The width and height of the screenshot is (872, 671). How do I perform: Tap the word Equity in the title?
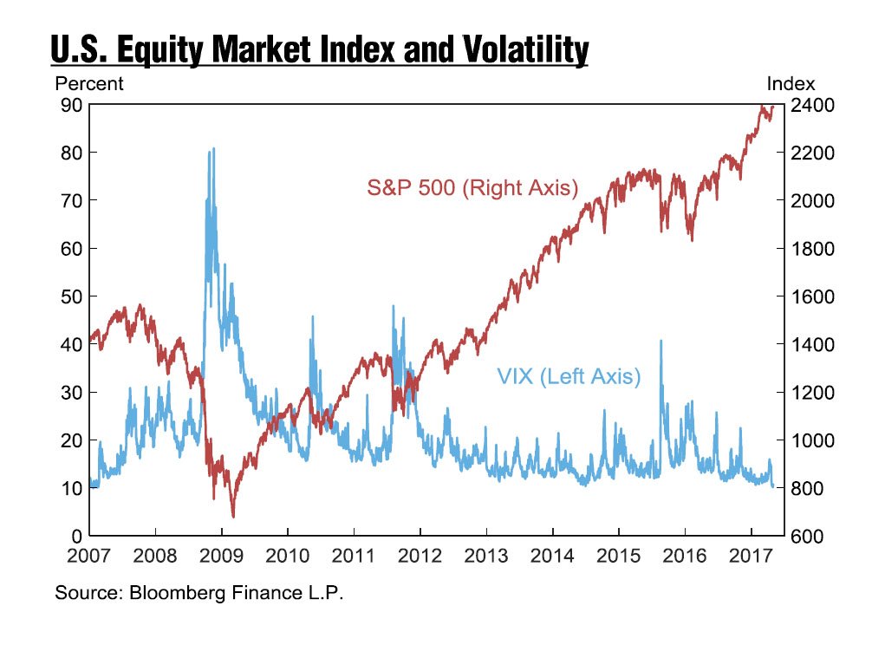pos(173,51)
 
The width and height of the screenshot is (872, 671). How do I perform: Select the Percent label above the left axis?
pos(89,84)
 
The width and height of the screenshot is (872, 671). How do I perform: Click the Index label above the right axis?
pos(791,84)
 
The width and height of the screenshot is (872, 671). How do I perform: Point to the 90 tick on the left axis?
pos(71,105)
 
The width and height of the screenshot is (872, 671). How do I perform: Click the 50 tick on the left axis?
pos(71,296)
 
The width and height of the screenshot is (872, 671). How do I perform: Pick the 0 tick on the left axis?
pos(76,536)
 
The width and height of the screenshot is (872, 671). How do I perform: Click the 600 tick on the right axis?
pos(805,536)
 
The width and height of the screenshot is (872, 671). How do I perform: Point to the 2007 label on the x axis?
pos(89,554)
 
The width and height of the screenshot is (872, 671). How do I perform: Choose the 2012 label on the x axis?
pos(420,554)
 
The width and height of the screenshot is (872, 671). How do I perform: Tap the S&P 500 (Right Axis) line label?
pos(472,187)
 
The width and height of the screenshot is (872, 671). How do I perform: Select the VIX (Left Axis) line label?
pos(569,376)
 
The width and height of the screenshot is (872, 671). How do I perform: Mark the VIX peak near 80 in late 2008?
pos(212,150)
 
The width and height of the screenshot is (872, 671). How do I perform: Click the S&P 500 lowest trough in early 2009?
pos(232,516)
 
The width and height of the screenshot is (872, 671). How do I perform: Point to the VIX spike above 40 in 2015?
pos(661,341)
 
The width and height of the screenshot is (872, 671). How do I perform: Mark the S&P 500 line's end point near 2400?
pos(772,107)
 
